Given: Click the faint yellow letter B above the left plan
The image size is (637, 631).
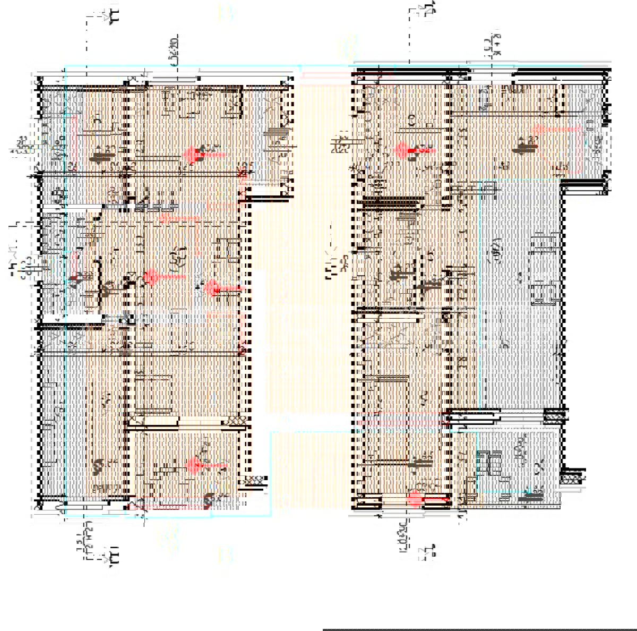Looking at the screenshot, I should (225, 13).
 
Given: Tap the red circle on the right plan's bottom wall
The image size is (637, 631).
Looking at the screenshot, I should (415, 498).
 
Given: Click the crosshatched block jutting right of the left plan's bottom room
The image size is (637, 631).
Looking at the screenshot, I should (255, 480).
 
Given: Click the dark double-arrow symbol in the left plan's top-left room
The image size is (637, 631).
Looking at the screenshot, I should (98, 157).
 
